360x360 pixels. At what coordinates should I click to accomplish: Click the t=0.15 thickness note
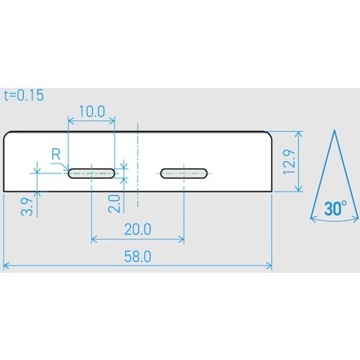pyautogui.click(x=24, y=94)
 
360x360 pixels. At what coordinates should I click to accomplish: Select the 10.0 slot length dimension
pyautogui.click(x=91, y=112)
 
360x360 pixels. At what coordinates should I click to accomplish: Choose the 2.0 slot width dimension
pyautogui.click(x=114, y=202)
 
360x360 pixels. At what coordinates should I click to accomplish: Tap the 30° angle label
pyautogui.click(x=335, y=209)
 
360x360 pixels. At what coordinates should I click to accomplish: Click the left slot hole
pyautogui.click(x=91, y=173)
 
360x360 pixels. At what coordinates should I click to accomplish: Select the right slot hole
pyautogui.click(x=184, y=173)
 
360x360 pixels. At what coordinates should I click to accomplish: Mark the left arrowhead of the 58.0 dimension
pyautogui.click(x=6, y=266)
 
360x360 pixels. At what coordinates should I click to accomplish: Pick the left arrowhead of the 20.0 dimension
pyautogui.click(x=94, y=240)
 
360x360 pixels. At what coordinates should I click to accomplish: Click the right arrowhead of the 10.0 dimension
pyautogui.click(x=112, y=121)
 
